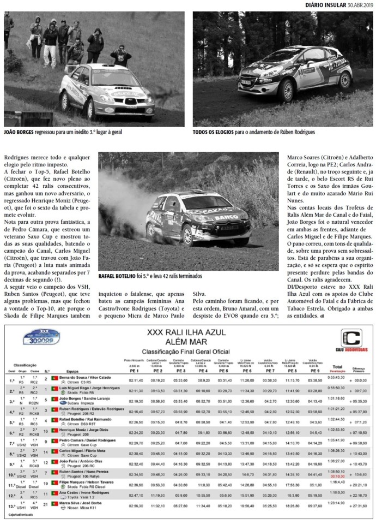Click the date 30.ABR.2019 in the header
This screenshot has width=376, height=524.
pyautogui.click(x=358, y=5)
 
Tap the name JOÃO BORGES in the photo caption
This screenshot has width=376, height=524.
pyautogui.click(x=19, y=133)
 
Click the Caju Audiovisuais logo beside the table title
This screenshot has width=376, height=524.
pyautogui.click(x=351, y=340)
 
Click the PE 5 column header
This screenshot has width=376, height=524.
pyautogui.click(x=224, y=371)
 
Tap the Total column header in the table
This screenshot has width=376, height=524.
pyautogui.click(x=338, y=367)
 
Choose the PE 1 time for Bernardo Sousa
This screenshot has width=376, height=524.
pyautogui.click(x=136, y=380)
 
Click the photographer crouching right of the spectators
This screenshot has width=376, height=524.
pyautogui.click(x=121, y=55)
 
